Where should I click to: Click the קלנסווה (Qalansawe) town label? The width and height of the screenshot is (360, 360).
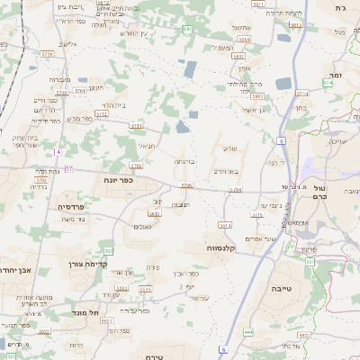[221, 247]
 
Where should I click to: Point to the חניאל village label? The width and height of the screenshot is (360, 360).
[146, 145]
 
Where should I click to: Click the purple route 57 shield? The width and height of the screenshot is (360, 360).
[68, 168]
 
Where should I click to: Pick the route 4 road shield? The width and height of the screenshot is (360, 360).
[57, 152]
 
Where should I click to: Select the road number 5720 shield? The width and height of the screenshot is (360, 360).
[62, 92]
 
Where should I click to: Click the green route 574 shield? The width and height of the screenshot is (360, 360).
[328, 82]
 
